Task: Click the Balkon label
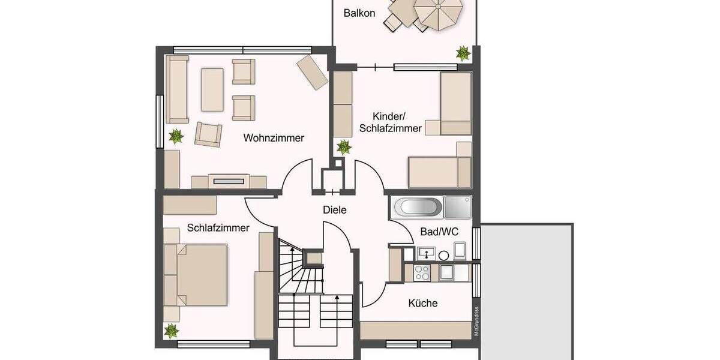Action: coord(359,13)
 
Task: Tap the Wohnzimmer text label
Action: coord(274,138)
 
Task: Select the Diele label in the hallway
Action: coord(335,210)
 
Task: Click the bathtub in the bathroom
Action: coord(418,208)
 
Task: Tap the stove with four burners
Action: coord(422,273)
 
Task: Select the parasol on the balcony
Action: coord(440,13)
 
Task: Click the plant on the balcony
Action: coord(463,53)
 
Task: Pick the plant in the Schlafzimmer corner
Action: coord(172,330)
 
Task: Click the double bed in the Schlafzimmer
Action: coord(196,274)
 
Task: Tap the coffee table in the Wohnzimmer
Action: coord(212,89)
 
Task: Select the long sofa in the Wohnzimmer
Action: coord(177,89)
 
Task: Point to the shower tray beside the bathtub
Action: coord(457,208)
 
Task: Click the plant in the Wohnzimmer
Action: coord(176,136)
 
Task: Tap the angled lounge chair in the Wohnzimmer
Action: coord(312,72)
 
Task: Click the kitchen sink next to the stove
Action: coord(447,273)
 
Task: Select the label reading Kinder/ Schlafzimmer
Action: coord(390,122)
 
